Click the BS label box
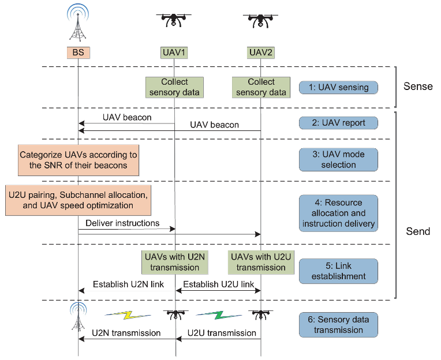(78, 52)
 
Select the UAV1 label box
(174, 52)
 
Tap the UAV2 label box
(261, 52)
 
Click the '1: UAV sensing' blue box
(338, 88)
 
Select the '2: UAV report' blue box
(338, 122)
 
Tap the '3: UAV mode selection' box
(338, 159)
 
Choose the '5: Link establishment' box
(338, 271)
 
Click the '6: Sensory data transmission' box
(338, 325)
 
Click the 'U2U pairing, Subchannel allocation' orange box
(78, 200)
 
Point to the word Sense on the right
(417, 87)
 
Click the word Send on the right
(417, 231)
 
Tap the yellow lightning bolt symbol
(128, 316)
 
